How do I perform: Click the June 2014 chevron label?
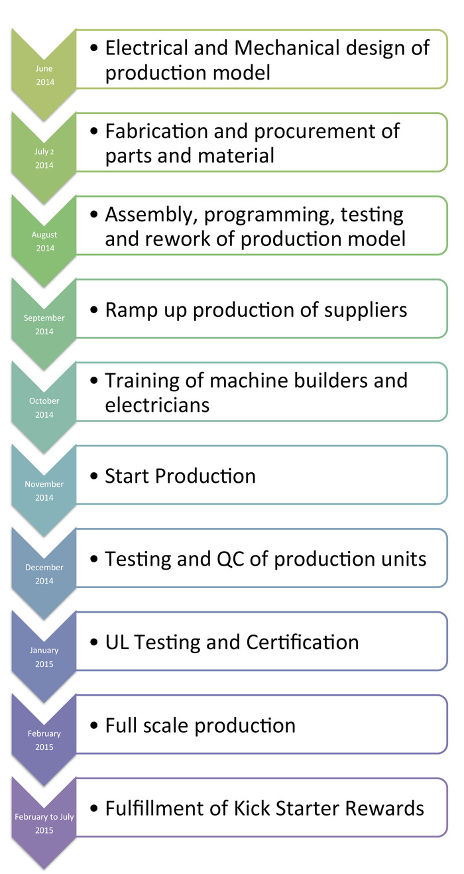[x=44, y=76]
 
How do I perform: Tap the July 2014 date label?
[x=44, y=158]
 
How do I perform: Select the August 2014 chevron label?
[x=44, y=241]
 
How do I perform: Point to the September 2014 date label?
[x=44, y=324]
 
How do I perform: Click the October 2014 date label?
[x=44, y=408]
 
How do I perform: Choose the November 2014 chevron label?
[x=44, y=491]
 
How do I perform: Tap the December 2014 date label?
[x=44, y=574]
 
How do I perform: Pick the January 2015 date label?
[x=44, y=657]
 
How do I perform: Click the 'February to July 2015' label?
[x=44, y=824]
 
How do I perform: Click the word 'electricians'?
[x=157, y=405]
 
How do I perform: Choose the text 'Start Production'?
[x=180, y=476]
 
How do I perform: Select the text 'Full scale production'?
[x=200, y=725]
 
